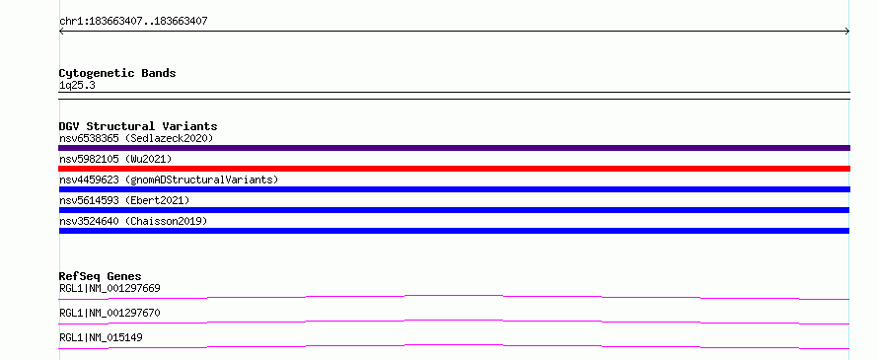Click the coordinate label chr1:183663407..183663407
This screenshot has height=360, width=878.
tap(133, 22)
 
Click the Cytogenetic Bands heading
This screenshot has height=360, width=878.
tap(117, 73)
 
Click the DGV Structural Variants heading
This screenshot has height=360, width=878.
tap(138, 126)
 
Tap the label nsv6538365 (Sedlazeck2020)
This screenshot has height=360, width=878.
tap(136, 138)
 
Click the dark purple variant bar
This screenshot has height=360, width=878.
tap(454, 148)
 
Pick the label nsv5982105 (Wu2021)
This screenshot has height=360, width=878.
tap(115, 159)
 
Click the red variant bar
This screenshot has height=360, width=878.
tap(454, 169)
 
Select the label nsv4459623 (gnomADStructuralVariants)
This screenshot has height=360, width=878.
tap(169, 180)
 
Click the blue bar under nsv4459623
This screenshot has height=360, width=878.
tap(454, 189)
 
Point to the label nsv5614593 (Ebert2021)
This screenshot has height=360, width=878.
tap(124, 200)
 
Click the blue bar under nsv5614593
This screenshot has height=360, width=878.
tap(454, 210)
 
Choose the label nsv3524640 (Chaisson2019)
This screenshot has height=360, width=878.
tap(133, 221)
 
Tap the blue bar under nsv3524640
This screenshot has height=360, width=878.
tap(454, 231)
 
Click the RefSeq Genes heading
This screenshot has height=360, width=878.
tap(100, 276)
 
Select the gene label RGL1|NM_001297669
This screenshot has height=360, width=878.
tap(110, 289)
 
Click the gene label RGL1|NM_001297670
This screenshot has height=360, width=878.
tap(110, 313)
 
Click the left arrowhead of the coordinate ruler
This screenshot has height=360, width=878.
tap(59, 32)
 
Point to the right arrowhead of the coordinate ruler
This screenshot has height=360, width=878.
tap(848, 32)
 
